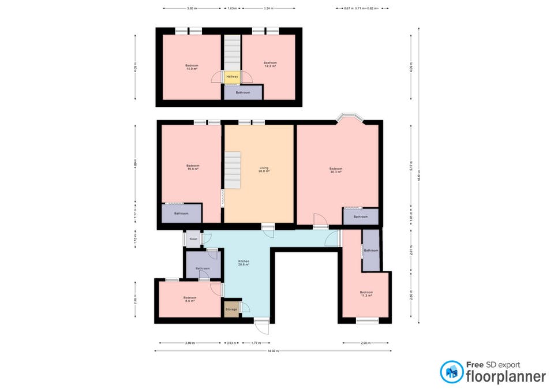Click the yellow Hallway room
(232, 77)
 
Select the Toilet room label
(193, 239)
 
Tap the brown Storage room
(231, 309)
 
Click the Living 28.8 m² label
(263, 170)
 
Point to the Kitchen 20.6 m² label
(244, 263)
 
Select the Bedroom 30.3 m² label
(336, 170)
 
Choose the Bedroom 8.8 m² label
(190, 299)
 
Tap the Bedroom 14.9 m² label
(192, 66)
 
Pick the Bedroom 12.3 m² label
(270, 64)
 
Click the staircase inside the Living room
(233, 169)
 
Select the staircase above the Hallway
(232, 52)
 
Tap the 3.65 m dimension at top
(192, 9)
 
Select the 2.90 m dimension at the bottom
(365, 343)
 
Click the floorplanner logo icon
(451, 372)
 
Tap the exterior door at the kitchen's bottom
(262, 326)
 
